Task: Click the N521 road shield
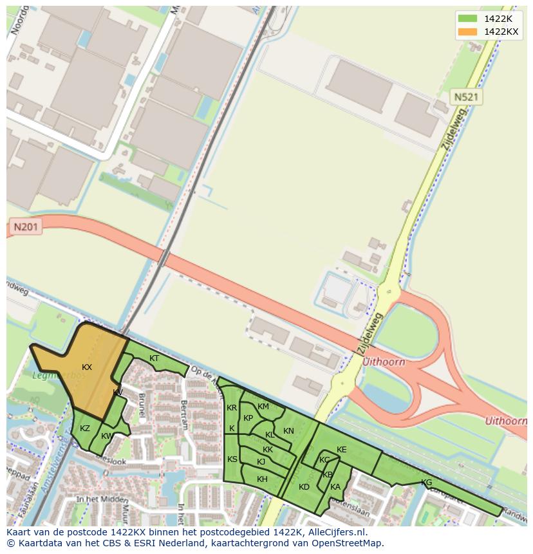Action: click(466, 97)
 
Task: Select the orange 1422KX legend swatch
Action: click(467, 32)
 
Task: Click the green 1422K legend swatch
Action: click(467, 19)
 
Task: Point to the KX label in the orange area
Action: click(87, 367)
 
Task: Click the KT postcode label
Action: click(154, 358)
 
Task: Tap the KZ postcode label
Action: click(85, 429)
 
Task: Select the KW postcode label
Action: click(107, 436)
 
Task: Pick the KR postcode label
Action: click(232, 408)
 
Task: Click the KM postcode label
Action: click(263, 407)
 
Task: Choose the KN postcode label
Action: click(288, 431)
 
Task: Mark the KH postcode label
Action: click(262, 479)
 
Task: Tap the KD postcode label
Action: click(304, 487)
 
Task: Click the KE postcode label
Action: click(341, 450)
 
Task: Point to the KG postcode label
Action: click(426, 483)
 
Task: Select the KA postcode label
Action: click(335, 487)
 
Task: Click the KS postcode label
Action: click(232, 459)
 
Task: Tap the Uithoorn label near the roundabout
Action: click(384, 362)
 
